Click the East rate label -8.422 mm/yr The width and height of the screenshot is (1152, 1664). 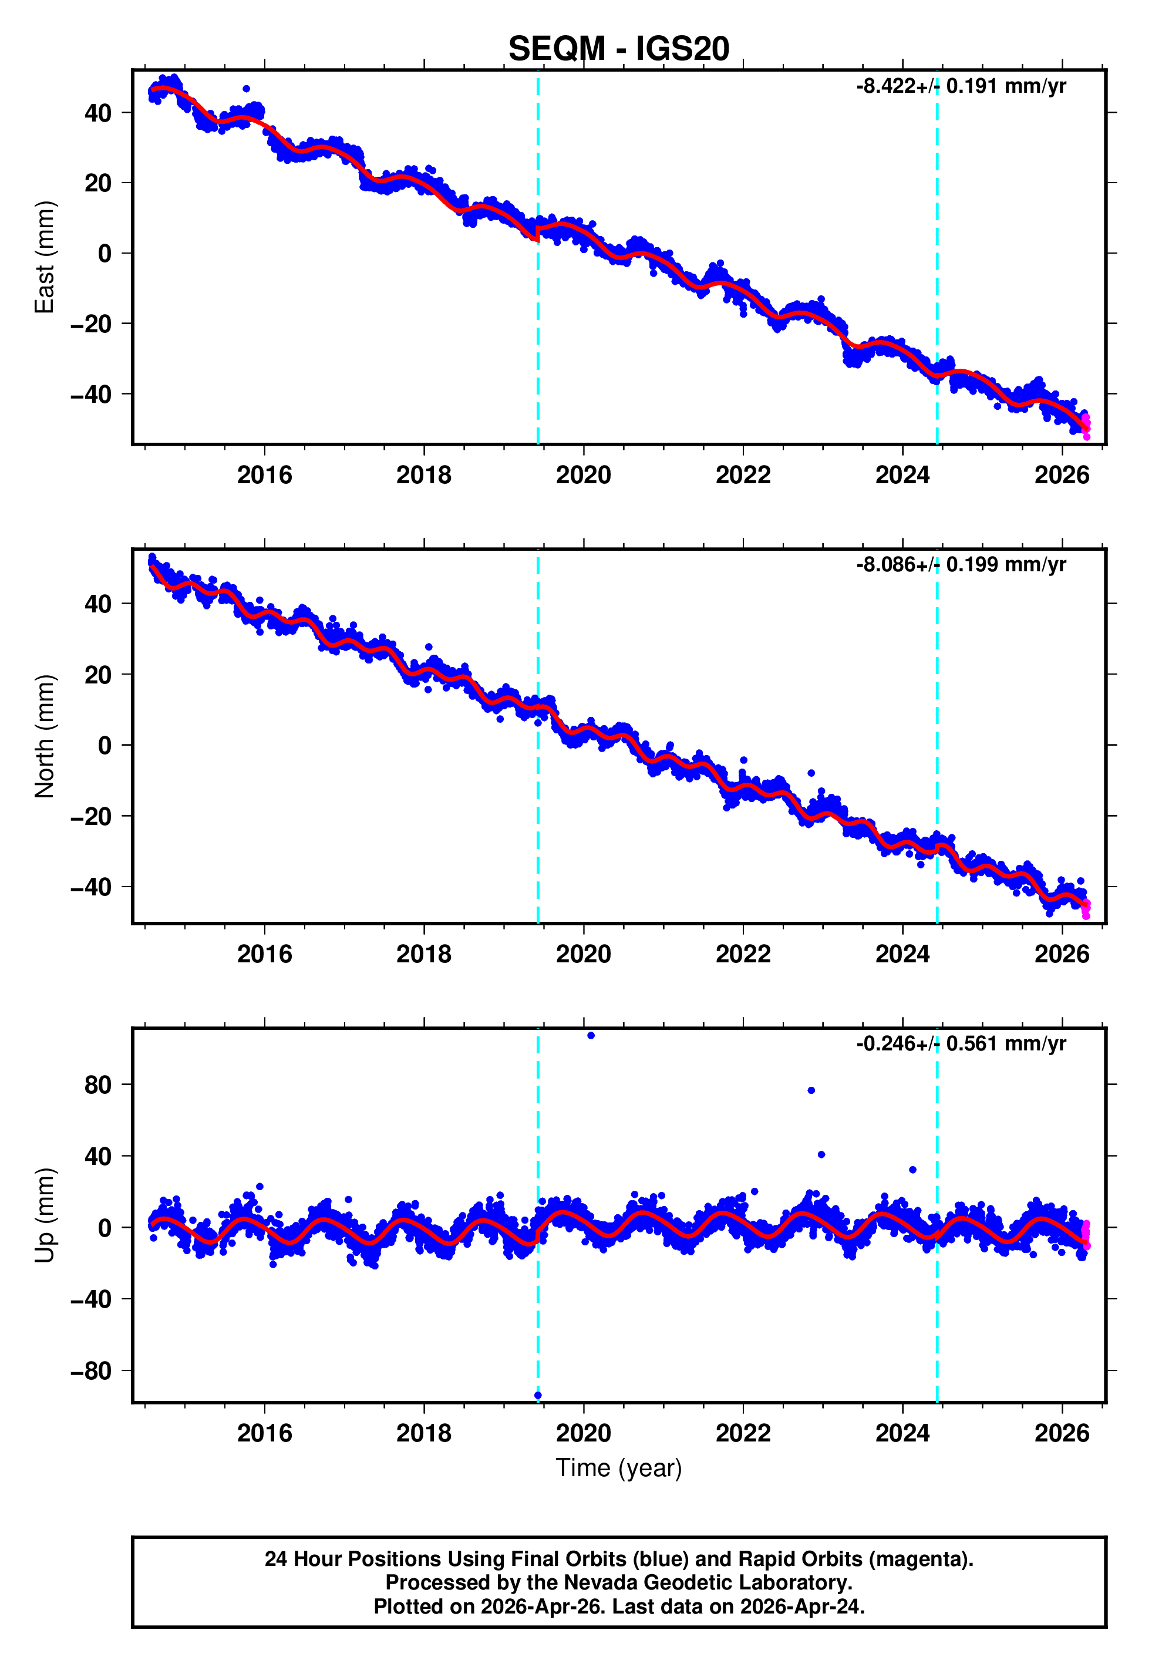tap(961, 86)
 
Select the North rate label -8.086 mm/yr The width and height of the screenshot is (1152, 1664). tap(961, 564)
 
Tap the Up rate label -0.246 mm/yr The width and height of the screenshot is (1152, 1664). tap(961, 1043)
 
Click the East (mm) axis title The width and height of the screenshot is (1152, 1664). tap(45, 257)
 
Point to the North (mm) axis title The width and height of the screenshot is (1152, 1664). tap(45, 736)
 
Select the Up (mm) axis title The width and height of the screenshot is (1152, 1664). tap(45, 1215)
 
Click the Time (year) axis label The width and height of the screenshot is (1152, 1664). tap(619, 1468)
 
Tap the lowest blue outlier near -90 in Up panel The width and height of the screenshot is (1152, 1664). tap(538, 1396)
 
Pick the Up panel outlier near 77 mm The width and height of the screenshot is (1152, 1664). tap(811, 1090)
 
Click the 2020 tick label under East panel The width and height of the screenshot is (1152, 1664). tap(583, 475)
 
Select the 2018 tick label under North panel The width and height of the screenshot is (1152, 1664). tap(424, 954)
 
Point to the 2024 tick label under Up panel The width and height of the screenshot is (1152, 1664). tap(902, 1433)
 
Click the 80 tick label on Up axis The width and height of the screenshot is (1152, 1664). tap(97, 1084)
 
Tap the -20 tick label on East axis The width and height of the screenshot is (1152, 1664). tap(91, 324)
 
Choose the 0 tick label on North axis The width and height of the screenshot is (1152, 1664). tap(105, 746)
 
